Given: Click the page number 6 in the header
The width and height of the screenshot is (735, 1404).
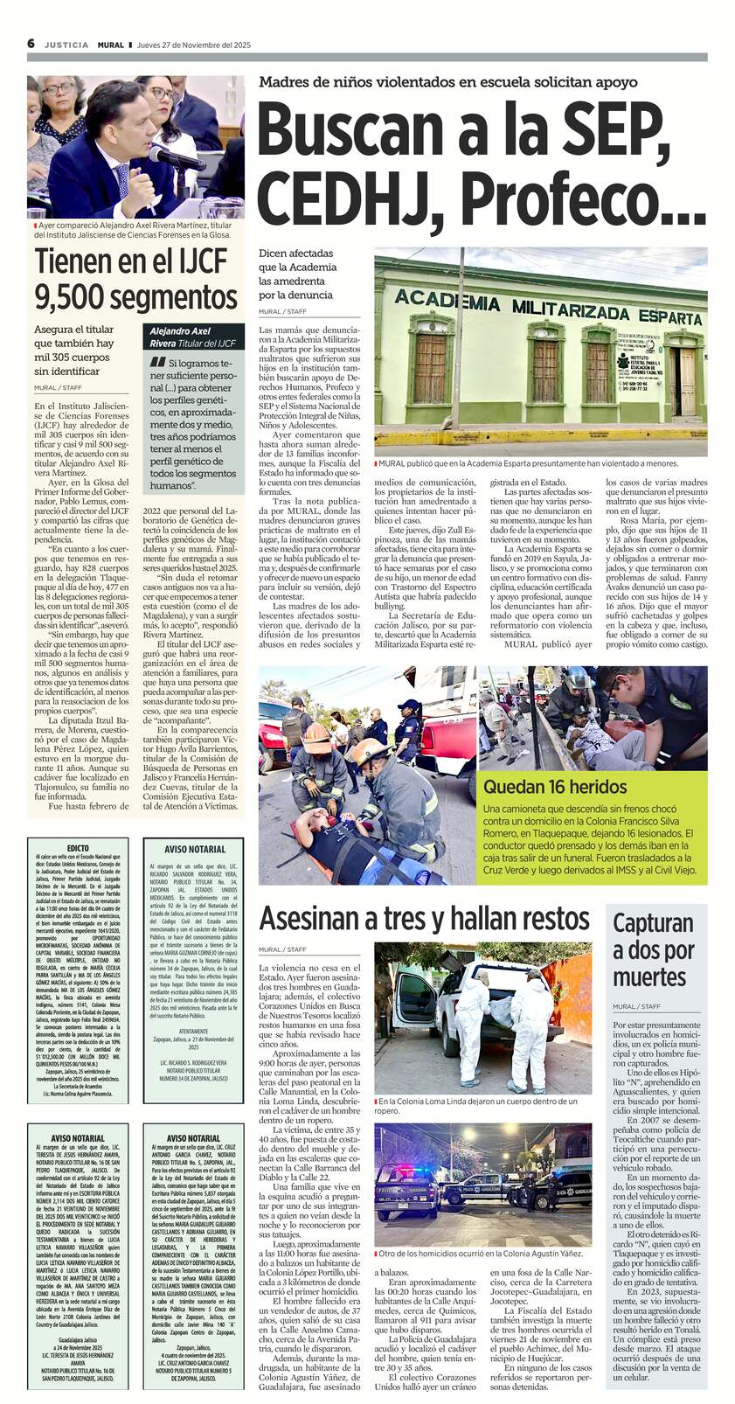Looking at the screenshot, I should click(x=31, y=44).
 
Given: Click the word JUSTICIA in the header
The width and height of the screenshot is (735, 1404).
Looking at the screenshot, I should click(x=66, y=45).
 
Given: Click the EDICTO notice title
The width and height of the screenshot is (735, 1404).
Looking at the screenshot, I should click(x=77, y=848).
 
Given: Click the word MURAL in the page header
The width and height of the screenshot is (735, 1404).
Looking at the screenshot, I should click(x=111, y=45).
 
